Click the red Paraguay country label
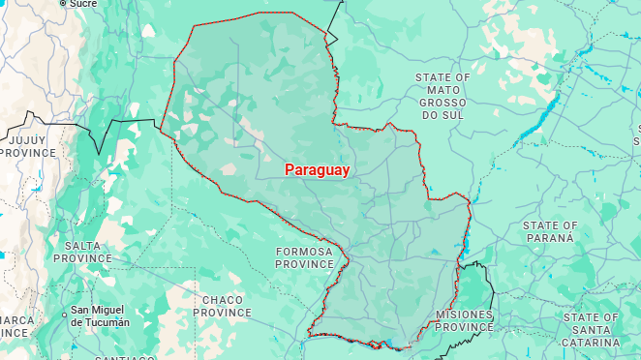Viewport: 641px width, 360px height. coord(317,169)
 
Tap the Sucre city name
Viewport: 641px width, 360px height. coord(83,4)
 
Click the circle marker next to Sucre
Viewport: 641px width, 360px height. coord(64,3)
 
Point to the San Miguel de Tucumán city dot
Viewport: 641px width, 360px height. coord(64,312)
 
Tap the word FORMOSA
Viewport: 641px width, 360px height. coord(304,252)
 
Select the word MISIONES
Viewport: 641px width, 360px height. coord(464,315)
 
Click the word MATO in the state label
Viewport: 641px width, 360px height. coord(443,89)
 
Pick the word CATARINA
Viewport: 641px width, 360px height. coord(590,342)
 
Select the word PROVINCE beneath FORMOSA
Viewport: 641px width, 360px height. coord(304,264)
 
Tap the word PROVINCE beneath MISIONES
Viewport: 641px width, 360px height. coord(464,327)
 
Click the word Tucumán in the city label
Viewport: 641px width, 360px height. coord(107,322)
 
